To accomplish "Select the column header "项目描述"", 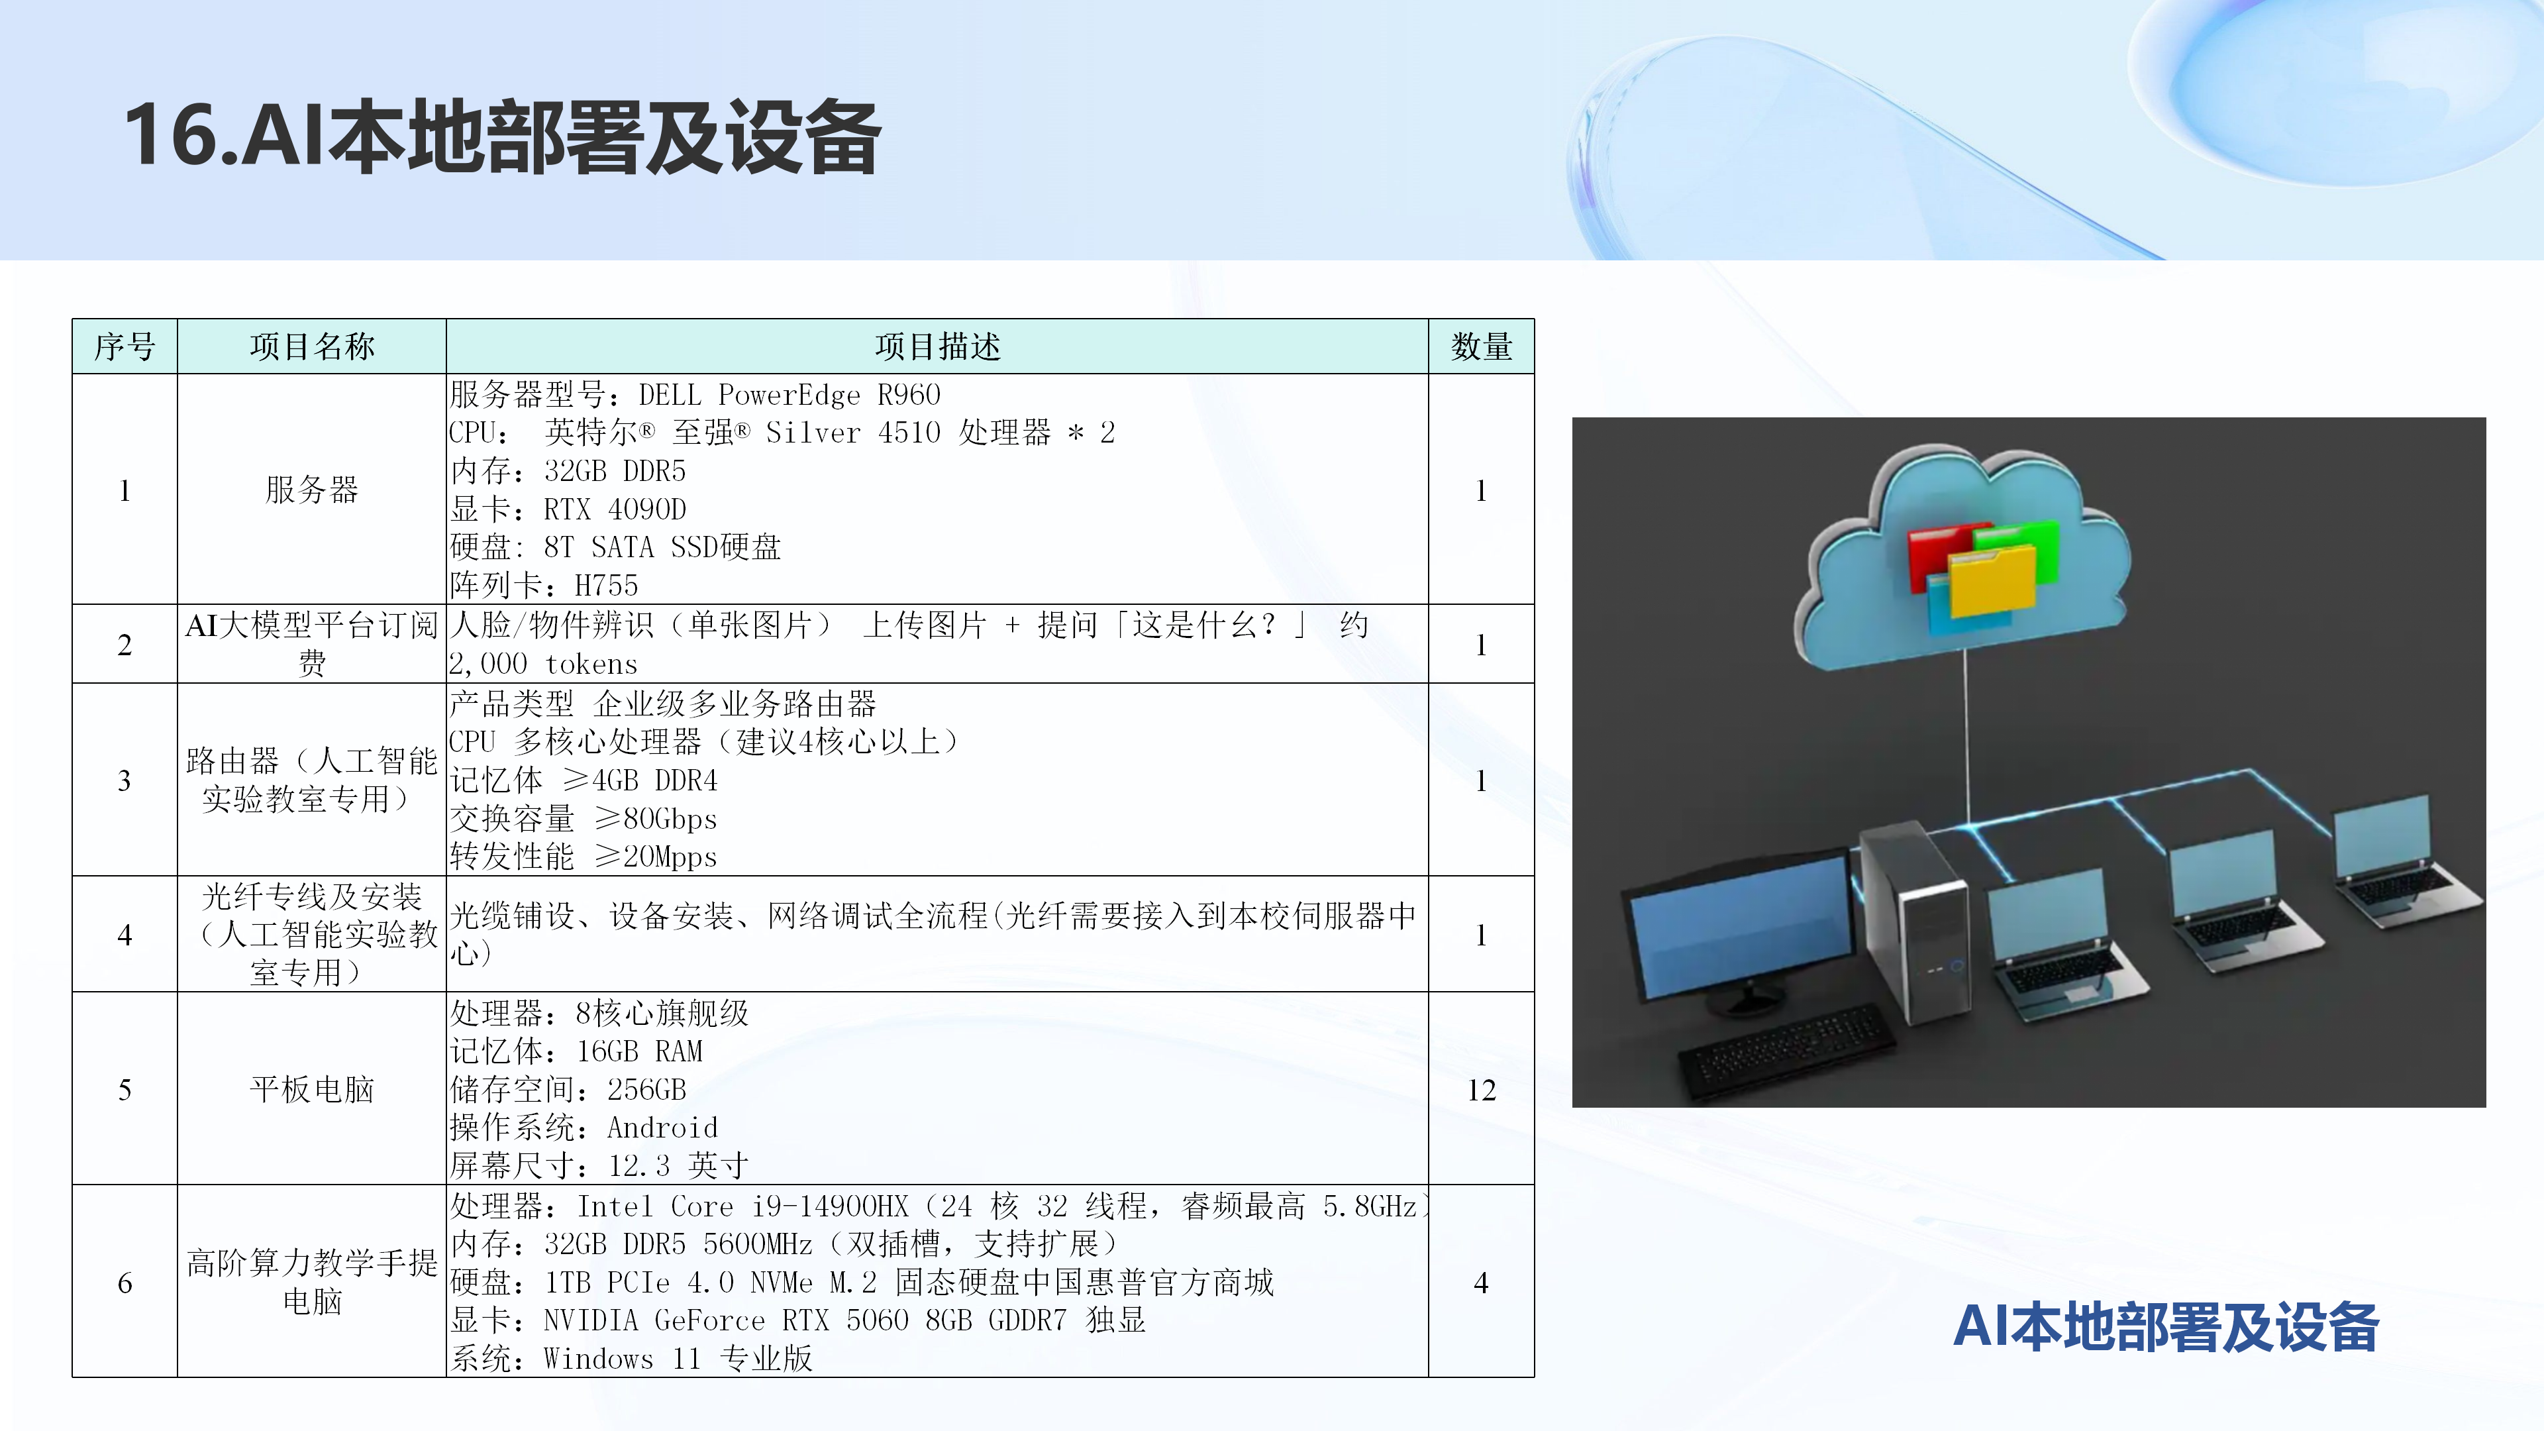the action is pyautogui.click(x=937, y=346).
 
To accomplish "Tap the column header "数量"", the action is pyautogui.click(x=1482, y=346).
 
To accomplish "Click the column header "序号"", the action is pyautogui.click(x=125, y=346).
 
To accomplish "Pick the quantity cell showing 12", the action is pyautogui.click(x=1482, y=1089).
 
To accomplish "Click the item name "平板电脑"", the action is pyautogui.click(x=312, y=1089).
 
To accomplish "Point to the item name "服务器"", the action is pyautogui.click(x=312, y=490).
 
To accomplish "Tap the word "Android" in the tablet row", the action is pyautogui.click(x=663, y=1128).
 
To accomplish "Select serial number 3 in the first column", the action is pyautogui.click(x=125, y=780).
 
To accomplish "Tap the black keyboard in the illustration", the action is pyautogui.click(x=1786, y=1050).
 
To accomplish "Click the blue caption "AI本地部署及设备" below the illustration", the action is pyautogui.click(x=2166, y=1326).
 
